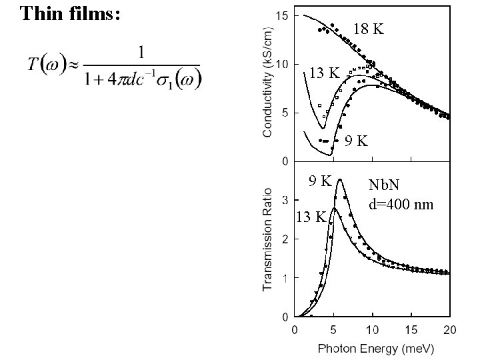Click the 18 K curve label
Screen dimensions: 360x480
pyautogui.click(x=369, y=29)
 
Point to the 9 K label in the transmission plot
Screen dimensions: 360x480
pyautogui.click(x=319, y=180)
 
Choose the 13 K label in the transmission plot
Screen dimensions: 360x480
pyautogui.click(x=311, y=217)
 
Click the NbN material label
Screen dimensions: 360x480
pyautogui.click(x=385, y=185)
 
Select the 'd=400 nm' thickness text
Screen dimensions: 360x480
pyautogui.click(x=401, y=203)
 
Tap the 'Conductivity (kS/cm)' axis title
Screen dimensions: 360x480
pyautogui.click(x=267, y=82)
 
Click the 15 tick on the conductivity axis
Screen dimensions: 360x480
pyautogui.click(x=282, y=15)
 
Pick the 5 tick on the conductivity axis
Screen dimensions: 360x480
pyautogui.click(x=285, y=113)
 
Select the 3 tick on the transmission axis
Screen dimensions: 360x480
pyautogui.click(x=285, y=199)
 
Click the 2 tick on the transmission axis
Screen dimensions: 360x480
pyautogui.click(x=285, y=239)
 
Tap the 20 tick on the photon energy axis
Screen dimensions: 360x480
pyautogui.click(x=450, y=329)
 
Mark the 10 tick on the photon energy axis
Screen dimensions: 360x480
pyautogui.click(x=373, y=329)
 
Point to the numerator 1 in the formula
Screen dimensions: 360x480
pyautogui.click(x=142, y=51)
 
